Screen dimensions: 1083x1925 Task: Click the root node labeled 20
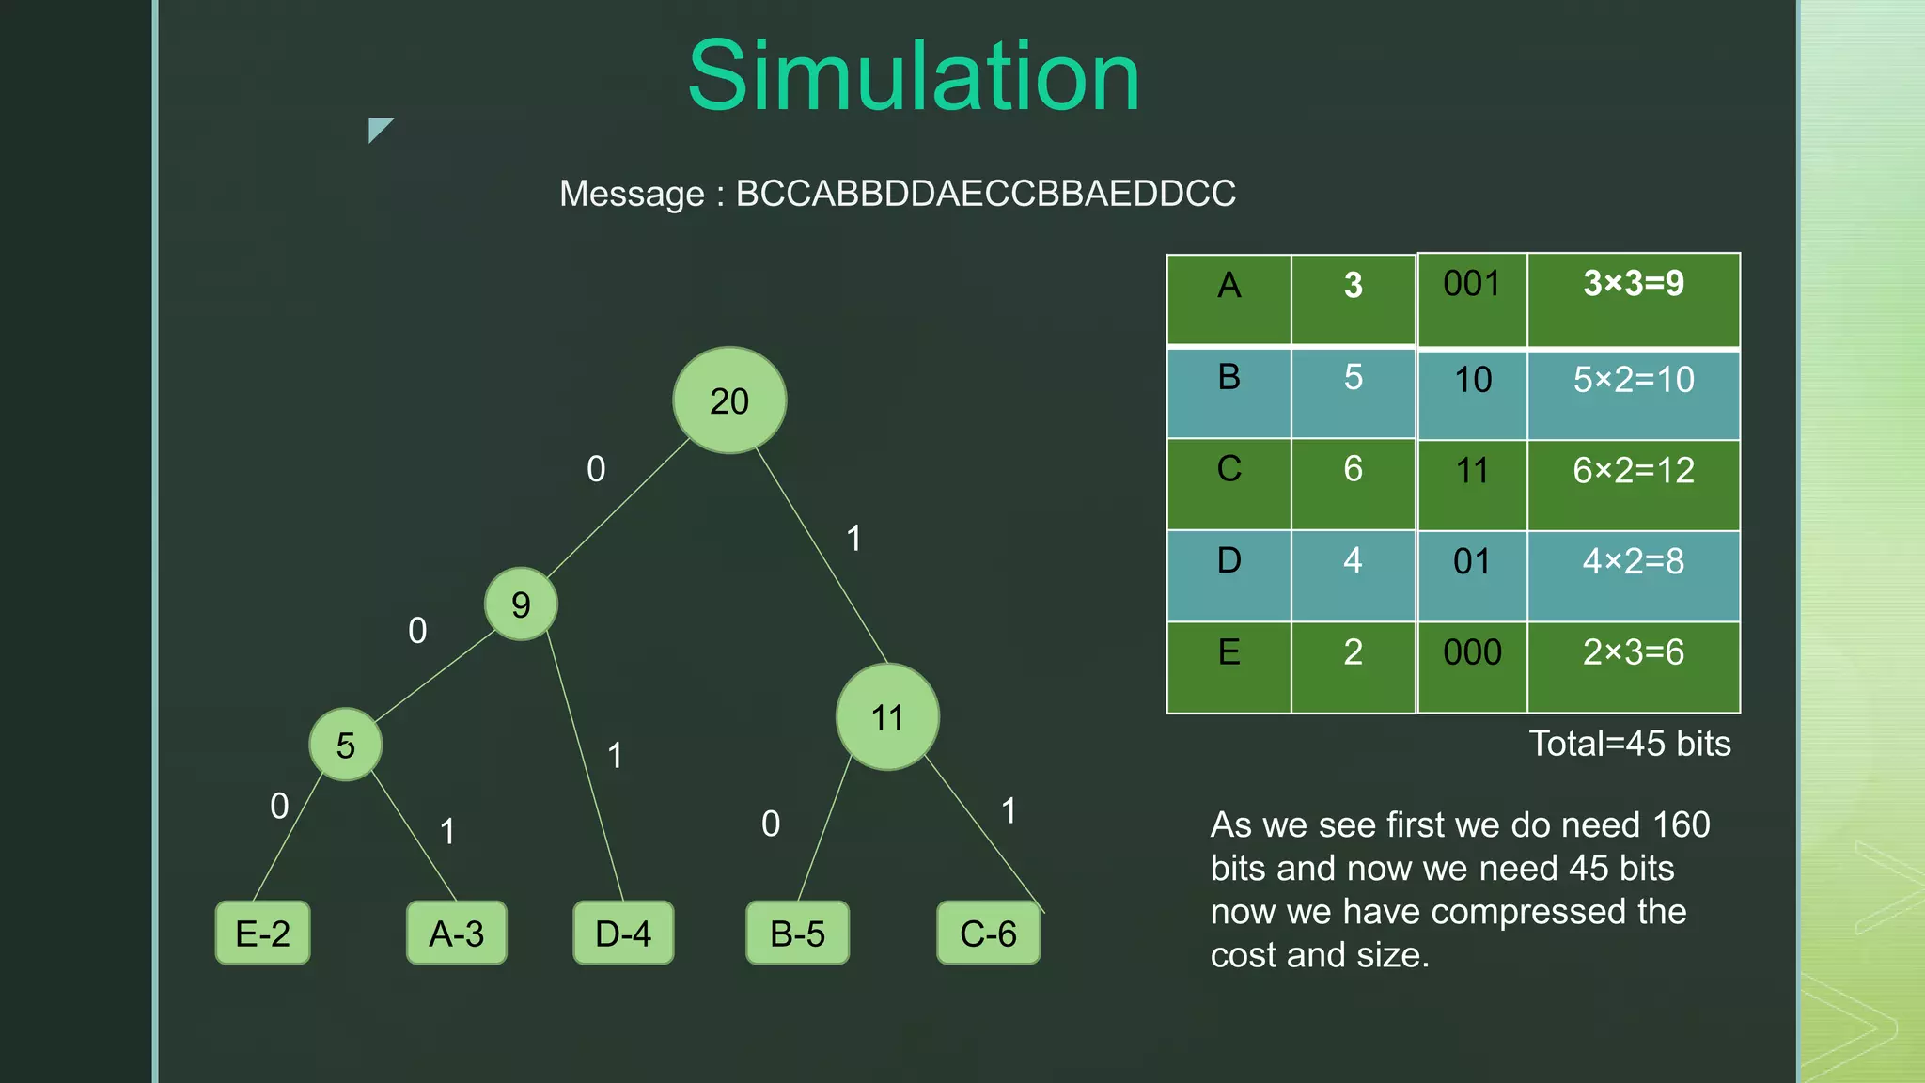(729, 400)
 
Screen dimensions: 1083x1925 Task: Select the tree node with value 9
(521, 604)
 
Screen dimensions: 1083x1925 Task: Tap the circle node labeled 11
(887, 717)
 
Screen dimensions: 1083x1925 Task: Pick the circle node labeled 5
(346, 745)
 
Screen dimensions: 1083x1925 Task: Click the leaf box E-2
(263, 934)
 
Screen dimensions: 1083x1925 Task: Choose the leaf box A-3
(457, 934)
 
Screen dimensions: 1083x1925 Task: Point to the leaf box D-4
(623, 934)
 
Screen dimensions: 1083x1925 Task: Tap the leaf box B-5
(797, 934)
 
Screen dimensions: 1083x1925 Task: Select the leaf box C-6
(989, 934)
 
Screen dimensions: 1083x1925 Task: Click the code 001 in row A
(1472, 284)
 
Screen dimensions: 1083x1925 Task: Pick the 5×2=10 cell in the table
(1634, 380)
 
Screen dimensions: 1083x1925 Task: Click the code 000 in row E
(1472, 652)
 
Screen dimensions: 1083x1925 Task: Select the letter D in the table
(1229, 560)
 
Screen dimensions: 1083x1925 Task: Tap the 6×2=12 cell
(1634, 470)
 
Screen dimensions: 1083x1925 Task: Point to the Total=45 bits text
(1629, 744)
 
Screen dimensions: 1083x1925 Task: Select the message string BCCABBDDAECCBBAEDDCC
(985, 194)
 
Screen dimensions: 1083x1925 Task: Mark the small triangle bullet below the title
(378, 128)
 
